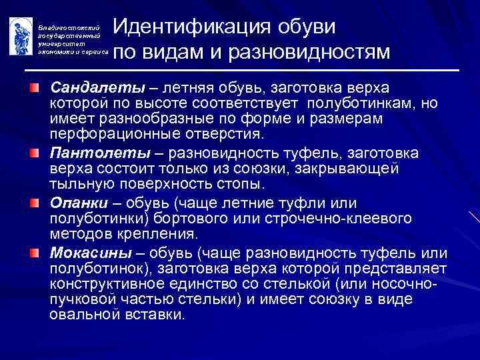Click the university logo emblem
pos(19,36)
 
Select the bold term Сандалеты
pos(86,88)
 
